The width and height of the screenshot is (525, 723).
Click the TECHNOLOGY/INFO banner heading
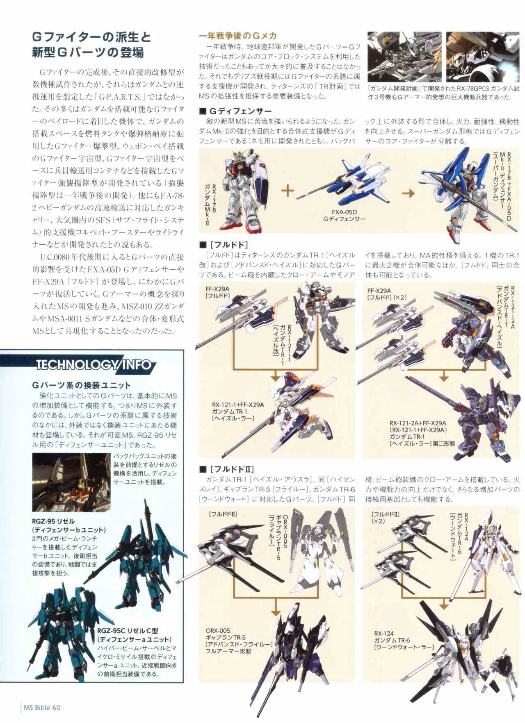coord(94,364)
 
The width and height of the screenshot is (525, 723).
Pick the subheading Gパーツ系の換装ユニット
coord(81,385)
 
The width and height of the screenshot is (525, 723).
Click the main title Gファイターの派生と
coord(92,37)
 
